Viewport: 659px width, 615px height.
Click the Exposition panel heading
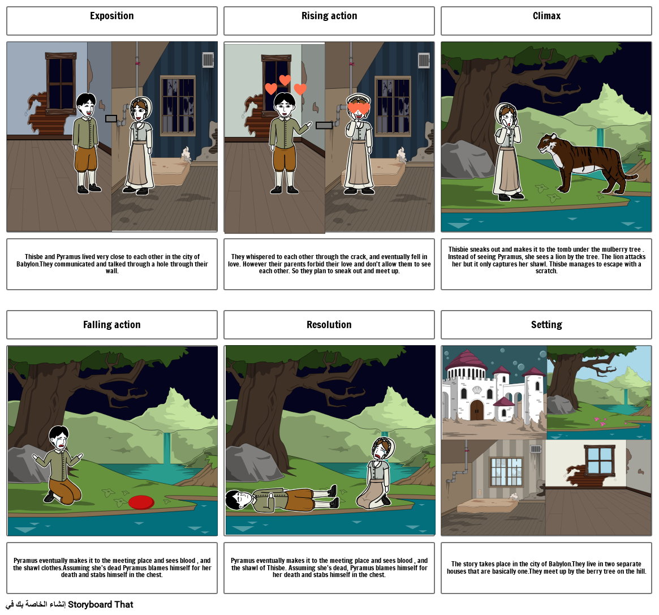[x=112, y=16]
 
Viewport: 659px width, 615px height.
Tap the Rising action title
[x=329, y=16]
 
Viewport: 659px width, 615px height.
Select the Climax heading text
[x=546, y=16]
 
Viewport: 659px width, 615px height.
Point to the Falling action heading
[x=112, y=325]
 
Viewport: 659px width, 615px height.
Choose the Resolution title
[x=329, y=325]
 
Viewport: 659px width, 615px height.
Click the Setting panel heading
[x=546, y=325]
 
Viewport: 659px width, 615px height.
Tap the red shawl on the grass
[x=141, y=502]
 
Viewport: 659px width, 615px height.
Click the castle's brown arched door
[x=476, y=410]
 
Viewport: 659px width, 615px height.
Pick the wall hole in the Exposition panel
[x=111, y=119]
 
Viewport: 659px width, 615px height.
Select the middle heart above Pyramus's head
[x=285, y=80]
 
